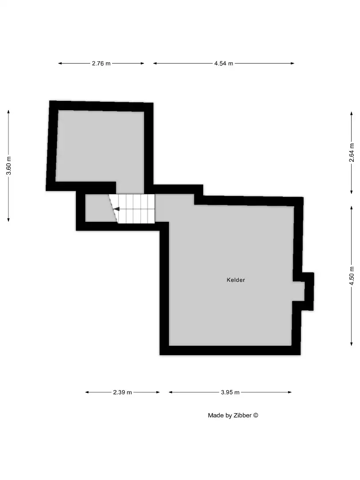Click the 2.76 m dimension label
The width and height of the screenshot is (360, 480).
pos(101,64)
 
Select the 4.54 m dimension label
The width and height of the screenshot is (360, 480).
pos(224,64)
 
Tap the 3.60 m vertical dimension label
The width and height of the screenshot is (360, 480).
pos(9,166)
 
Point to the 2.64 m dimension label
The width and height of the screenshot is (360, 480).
pos(352,152)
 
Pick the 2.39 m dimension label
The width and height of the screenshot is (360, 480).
pos(122,392)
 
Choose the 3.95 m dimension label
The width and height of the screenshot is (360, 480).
pos(230,392)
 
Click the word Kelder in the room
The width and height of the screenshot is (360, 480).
pos(236,280)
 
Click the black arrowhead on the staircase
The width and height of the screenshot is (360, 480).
pos(116,208)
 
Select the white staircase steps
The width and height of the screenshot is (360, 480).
pos(136,208)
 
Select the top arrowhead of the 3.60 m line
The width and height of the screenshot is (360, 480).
pos(9,112)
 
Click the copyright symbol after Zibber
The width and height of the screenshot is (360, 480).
pos(256,416)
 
